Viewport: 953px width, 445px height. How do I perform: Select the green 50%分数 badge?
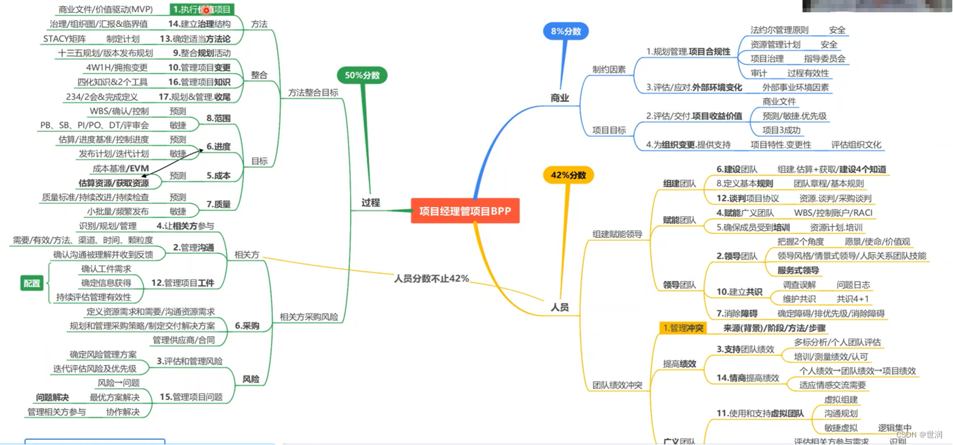[x=362, y=75]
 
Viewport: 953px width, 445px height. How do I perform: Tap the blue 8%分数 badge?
[x=566, y=31]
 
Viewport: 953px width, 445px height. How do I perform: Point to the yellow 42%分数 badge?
[x=568, y=175]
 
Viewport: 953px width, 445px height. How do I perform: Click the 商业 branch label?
[x=560, y=98]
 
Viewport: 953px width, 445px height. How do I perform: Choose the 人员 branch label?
[x=560, y=308]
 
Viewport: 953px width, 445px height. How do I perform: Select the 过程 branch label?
[x=371, y=202]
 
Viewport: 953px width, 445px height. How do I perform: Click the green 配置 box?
[x=31, y=283]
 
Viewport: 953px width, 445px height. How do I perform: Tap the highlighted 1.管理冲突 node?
[x=684, y=328]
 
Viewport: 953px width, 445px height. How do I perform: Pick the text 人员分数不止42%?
[x=431, y=279]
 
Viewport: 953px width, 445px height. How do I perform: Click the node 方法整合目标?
[x=313, y=93]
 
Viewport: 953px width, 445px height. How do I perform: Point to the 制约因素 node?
[x=609, y=70]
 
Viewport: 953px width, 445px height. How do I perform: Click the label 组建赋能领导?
[x=617, y=234]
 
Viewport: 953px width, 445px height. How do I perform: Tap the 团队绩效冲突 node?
[x=617, y=386]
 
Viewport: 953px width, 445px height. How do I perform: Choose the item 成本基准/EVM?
[x=120, y=168]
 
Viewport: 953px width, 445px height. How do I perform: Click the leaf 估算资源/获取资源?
[x=113, y=183]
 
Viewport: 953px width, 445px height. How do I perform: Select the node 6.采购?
[x=247, y=326]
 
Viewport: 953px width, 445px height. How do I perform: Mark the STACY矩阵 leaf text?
[x=65, y=39]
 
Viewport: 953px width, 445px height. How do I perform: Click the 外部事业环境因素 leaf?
[x=796, y=87]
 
